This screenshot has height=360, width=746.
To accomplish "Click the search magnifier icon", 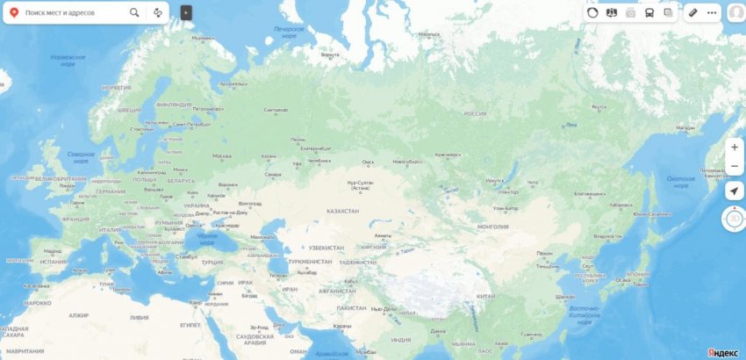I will tap(134, 13).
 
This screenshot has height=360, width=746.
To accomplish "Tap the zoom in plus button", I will tap(735, 148).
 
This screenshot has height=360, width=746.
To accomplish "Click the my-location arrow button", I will tap(735, 191).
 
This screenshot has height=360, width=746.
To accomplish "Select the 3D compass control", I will tap(734, 219).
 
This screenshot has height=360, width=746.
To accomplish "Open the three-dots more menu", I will tap(712, 13).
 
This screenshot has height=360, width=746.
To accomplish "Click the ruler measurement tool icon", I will tap(692, 13).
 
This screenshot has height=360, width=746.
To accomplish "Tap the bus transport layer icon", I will tap(649, 13).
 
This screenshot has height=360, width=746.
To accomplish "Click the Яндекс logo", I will tap(722, 352).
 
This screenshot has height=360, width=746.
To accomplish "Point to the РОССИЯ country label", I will tap(475, 114).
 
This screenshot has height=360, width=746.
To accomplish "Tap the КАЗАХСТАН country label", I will tap(342, 212).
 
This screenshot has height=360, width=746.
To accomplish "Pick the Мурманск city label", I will tap(202, 38).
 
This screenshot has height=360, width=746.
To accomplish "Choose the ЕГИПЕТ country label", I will tap(190, 325).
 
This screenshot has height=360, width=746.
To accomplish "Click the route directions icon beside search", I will tap(157, 13).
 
